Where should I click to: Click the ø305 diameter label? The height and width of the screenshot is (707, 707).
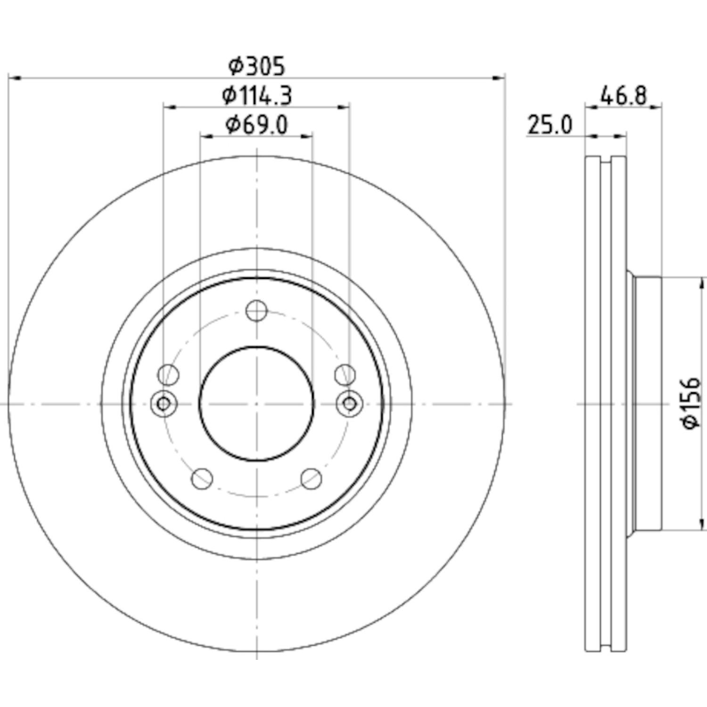pyautogui.click(x=257, y=66)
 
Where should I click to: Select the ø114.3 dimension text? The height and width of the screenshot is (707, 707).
pyautogui.click(x=257, y=96)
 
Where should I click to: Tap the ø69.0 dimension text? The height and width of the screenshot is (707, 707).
pyautogui.click(x=257, y=125)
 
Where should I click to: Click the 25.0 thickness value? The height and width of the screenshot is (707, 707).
pyautogui.click(x=550, y=125)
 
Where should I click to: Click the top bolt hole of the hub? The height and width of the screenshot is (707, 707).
pyautogui.click(x=257, y=311)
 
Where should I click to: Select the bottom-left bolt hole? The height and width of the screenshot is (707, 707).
pyautogui.click(x=202, y=479)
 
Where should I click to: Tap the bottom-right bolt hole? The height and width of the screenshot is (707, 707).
pyautogui.click(x=311, y=479)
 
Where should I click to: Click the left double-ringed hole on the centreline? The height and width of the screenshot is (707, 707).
pyautogui.click(x=164, y=404)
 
